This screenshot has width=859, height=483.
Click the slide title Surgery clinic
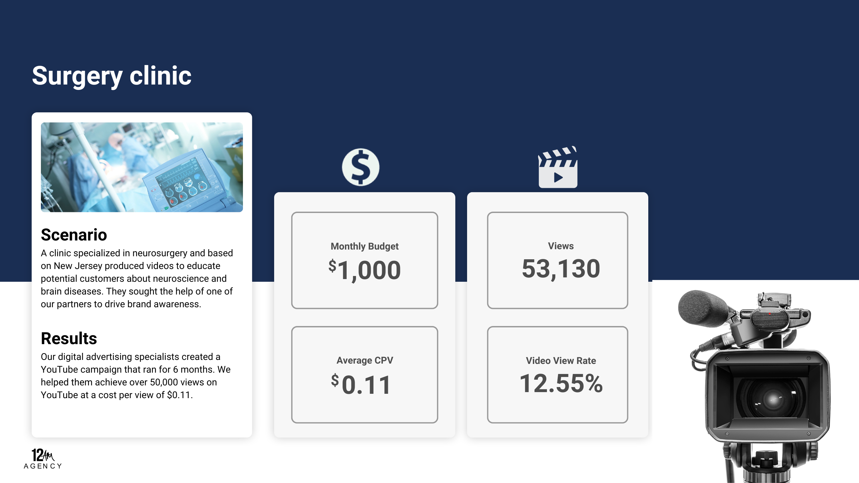(x=112, y=76)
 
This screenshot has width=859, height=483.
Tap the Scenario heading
(x=74, y=235)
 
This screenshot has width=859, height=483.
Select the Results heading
(x=69, y=338)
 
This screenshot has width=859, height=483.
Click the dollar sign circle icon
(x=361, y=167)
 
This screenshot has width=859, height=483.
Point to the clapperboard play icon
(x=558, y=167)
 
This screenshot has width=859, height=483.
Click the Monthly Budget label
(x=364, y=246)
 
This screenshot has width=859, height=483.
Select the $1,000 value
(x=364, y=270)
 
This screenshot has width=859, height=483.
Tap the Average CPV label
(x=365, y=360)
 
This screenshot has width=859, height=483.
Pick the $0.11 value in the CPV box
(x=361, y=384)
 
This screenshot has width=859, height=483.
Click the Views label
(x=561, y=246)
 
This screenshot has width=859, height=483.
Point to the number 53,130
(x=561, y=269)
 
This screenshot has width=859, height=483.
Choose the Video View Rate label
(x=561, y=361)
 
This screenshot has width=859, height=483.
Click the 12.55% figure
(x=561, y=383)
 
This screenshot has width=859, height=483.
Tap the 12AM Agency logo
(x=43, y=459)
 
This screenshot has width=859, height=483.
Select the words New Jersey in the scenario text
(x=78, y=266)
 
